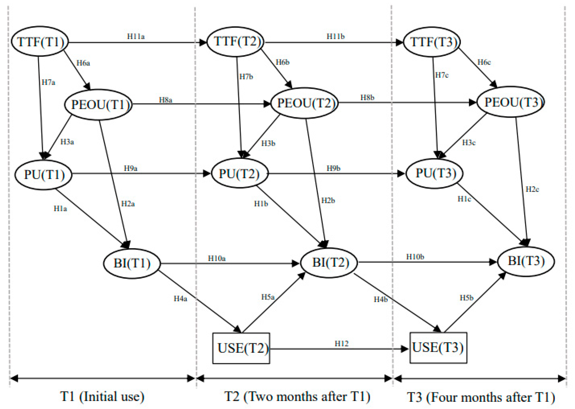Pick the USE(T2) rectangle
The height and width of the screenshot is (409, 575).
point(241,348)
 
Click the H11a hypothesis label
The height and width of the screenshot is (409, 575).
point(136,36)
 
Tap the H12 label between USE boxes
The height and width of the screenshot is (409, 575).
point(341,344)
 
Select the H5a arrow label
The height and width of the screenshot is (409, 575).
point(268,297)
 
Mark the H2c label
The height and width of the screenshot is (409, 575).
point(532,189)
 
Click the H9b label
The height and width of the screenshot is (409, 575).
point(333,168)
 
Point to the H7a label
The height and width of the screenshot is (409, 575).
point(48,82)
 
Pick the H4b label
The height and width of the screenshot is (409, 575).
point(381,299)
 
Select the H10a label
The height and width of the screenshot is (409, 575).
point(217,258)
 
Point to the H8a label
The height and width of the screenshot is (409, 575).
point(166,100)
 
